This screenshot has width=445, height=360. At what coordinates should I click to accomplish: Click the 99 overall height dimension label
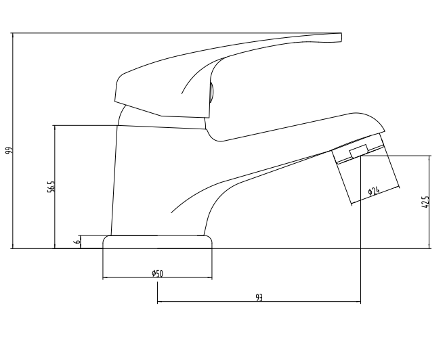point(9,151)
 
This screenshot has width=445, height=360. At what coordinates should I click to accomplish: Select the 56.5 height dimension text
point(51,186)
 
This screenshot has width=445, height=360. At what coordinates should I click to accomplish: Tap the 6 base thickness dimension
point(77,240)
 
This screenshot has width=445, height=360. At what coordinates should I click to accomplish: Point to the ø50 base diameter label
point(156,273)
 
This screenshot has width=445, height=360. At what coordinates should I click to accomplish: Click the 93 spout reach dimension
point(259,298)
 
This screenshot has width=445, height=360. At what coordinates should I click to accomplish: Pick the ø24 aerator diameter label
point(373,192)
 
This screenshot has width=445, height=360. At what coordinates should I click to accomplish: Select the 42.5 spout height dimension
point(425,202)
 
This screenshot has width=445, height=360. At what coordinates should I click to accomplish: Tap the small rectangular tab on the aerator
point(358,150)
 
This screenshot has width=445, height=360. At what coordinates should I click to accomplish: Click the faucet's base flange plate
point(157,242)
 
